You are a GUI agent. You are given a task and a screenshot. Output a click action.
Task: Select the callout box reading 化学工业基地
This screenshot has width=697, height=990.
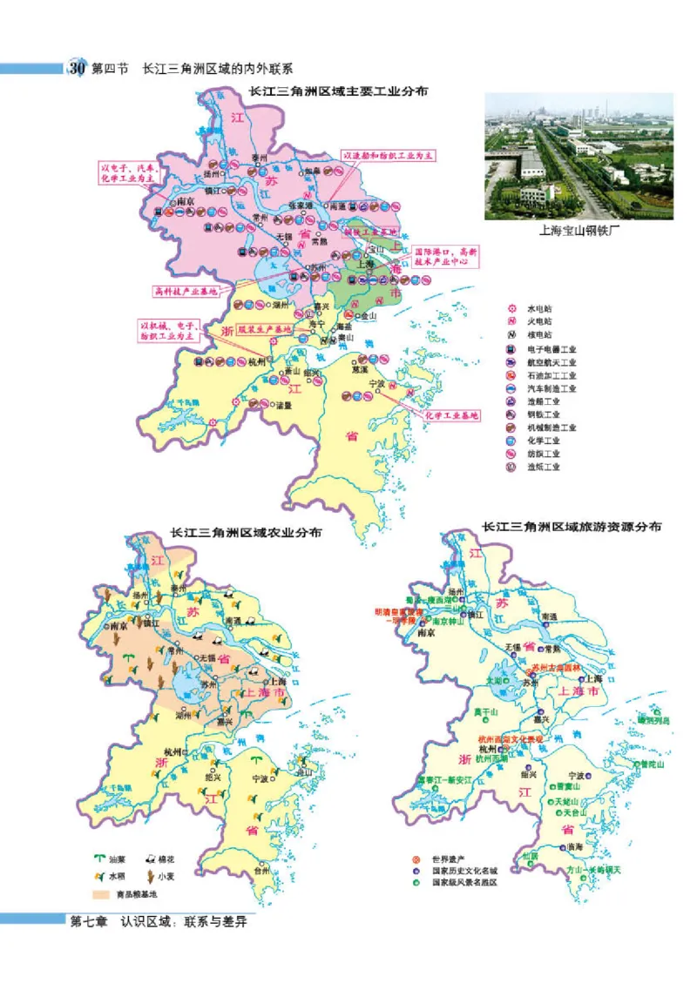coord(450,415)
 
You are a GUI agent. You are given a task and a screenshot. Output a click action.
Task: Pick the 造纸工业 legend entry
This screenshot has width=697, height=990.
coord(543,467)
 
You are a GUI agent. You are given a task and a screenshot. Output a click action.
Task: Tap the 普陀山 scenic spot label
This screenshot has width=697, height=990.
coord(651,764)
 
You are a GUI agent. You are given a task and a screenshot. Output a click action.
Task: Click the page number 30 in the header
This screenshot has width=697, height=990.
coord(77,68)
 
